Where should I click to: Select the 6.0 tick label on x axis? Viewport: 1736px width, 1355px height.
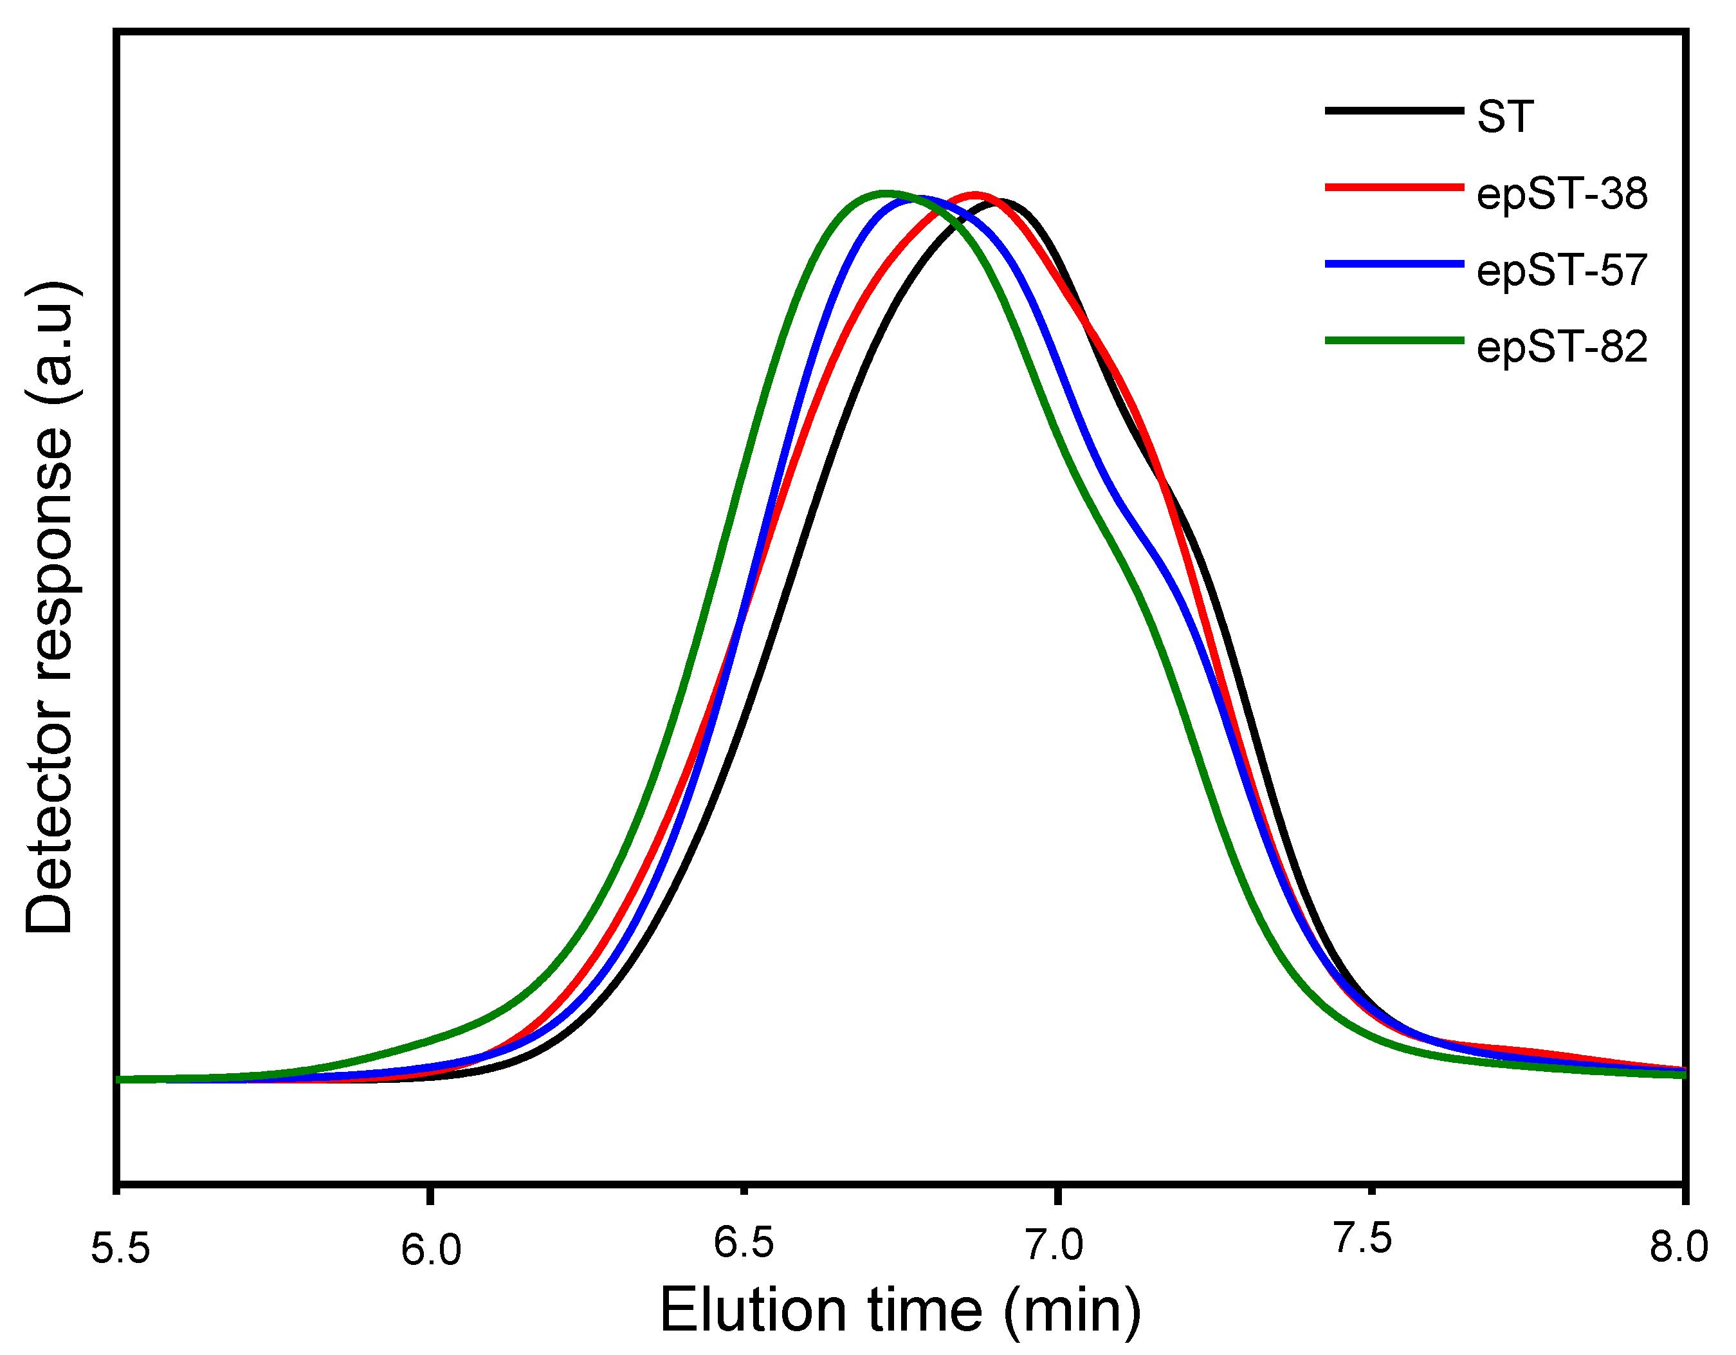pos(430,1249)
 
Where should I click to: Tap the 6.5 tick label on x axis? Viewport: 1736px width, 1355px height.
pos(743,1242)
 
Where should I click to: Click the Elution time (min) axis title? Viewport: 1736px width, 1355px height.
pos(900,1310)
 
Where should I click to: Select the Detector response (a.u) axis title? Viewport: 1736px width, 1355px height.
pos(50,607)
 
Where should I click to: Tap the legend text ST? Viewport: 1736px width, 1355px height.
pos(1504,117)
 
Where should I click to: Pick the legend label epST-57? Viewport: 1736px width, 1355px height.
pos(1561,270)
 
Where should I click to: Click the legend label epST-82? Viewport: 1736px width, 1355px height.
pos(1561,347)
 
